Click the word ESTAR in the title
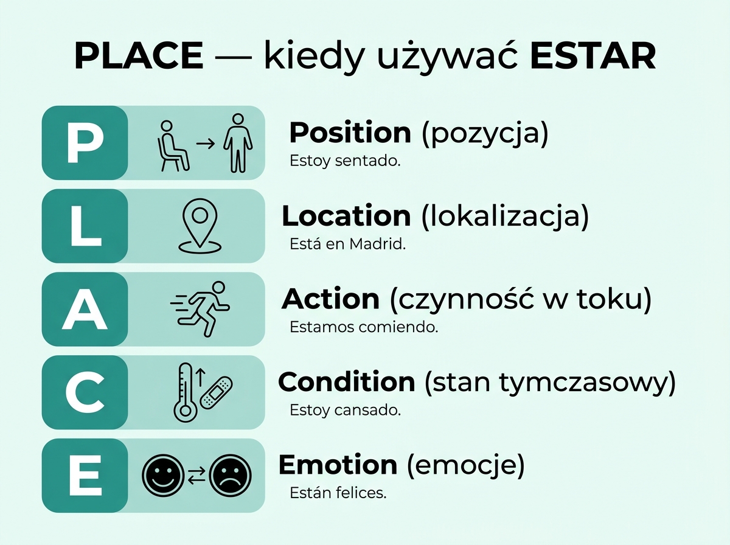tap(593, 56)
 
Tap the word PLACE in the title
tap(138, 56)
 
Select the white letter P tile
tap(85, 143)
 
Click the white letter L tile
tap(85, 226)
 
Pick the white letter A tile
tap(85, 309)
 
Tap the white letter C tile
tap(85, 392)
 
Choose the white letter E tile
tap(85, 476)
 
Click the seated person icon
tap(173, 145)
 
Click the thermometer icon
tap(184, 392)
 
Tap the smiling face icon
tap(162, 475)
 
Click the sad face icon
tap(230, 475)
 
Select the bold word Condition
tap(346, 382)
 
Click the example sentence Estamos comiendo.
tap(364, 327)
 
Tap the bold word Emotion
tap(338, 465)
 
